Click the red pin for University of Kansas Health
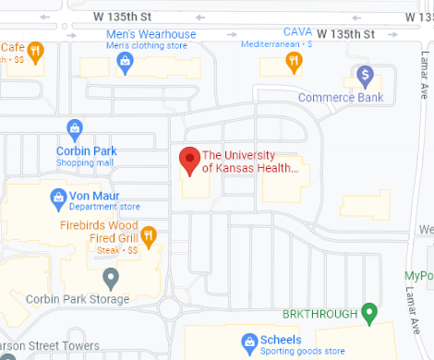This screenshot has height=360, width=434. coord(189,161)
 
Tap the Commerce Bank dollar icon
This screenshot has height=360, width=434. coord(365,74)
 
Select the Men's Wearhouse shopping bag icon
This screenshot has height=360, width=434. coord(125,61)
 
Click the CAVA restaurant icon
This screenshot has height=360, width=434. coord(293,62)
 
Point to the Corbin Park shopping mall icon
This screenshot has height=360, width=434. coord(75,128)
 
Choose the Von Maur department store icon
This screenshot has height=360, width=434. coord(58,198)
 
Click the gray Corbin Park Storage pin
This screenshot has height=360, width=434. coord(111,276)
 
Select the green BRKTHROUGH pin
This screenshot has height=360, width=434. coord(369,314)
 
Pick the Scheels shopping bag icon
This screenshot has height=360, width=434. coord(248,342)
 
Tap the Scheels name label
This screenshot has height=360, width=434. coord(282,340)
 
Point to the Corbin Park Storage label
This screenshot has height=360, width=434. coord(75,299)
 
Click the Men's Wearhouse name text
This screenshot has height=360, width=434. coord(151,35)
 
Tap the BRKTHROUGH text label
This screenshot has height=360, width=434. coord(319,315)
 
